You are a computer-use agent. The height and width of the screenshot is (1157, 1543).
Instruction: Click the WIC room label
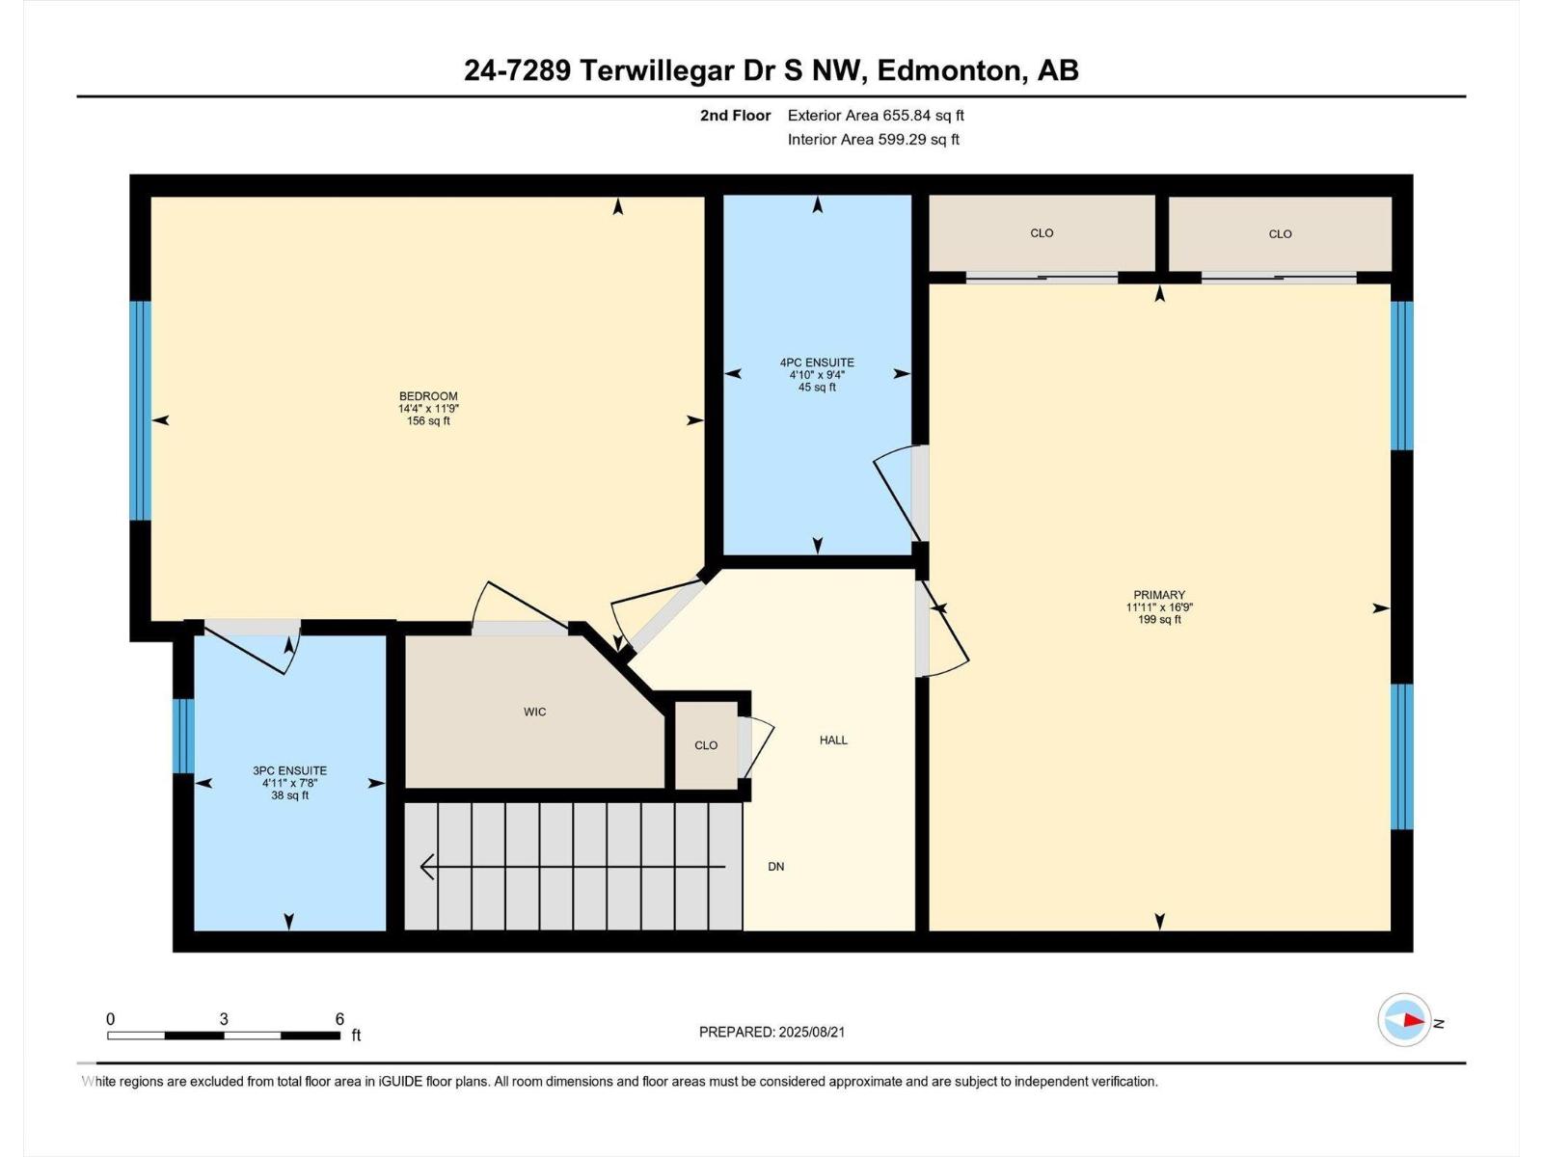click(x=534, y=712)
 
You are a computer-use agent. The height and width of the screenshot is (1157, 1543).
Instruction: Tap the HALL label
click(x=833, y=740)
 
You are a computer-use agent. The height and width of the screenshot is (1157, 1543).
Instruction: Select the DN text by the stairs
click(x=776, y=866)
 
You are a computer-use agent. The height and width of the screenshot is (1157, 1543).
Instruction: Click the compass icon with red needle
click(x=1404, y=1020)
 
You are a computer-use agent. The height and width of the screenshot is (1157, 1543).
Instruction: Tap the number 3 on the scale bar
click(x=224, y=1019)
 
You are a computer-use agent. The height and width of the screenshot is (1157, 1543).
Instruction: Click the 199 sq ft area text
click(x=1159, y=620)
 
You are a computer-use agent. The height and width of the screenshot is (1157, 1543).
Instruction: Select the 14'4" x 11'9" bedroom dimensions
click(x=428, y=408)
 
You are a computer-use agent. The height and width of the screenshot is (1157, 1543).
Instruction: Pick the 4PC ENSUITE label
click(x=817, y=363)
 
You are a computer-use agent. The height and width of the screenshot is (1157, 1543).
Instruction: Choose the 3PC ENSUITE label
click(x=289, y=770)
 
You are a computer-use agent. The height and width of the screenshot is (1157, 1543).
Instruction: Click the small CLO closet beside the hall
click(x=706, y=745)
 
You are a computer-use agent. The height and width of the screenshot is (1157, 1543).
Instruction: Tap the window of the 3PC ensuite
click(x=183, y=736)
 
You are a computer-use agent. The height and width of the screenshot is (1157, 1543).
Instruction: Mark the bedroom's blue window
click(x=140, y=411)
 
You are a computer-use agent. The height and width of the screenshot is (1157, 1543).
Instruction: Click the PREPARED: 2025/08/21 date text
click(x=771, y=1032)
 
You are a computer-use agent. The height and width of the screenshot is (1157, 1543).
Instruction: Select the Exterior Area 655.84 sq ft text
click(x=876, y=115)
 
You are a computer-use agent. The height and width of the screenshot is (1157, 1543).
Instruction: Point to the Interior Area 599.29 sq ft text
click(x=873, y=139)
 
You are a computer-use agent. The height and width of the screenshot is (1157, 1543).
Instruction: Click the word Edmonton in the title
click(x=948, y=70)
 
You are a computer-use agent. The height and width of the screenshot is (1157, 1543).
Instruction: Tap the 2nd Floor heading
click(x=735, y=115)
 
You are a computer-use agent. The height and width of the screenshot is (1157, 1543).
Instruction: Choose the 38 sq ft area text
click(x=289, y=795)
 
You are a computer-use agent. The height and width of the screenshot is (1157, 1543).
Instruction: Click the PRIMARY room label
click(x=1159, y=594)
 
